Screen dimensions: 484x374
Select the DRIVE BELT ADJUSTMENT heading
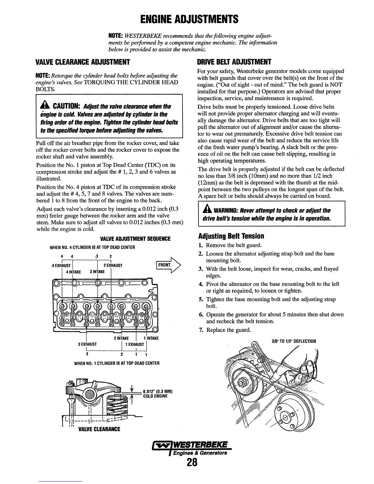pyautogui.click(x=234, y=62)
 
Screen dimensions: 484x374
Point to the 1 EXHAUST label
pyautogui.click(x=136, y=344)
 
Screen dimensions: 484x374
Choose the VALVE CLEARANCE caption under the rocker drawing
pyautogui.click(x=99, y=429)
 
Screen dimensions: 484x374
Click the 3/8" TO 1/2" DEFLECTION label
pyautogui.click(x=294, y=341)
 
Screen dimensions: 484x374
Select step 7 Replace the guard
pyautogui.click(x=228, y=330)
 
